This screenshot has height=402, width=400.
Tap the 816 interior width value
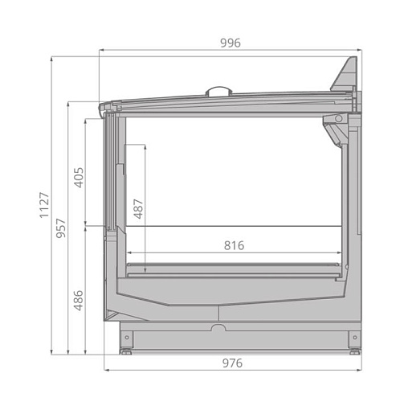click(234, 245)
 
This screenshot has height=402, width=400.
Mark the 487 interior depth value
click(138, 210)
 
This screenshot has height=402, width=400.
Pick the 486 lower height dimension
click(79, 301)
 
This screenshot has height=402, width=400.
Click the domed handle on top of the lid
click(218, 90)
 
